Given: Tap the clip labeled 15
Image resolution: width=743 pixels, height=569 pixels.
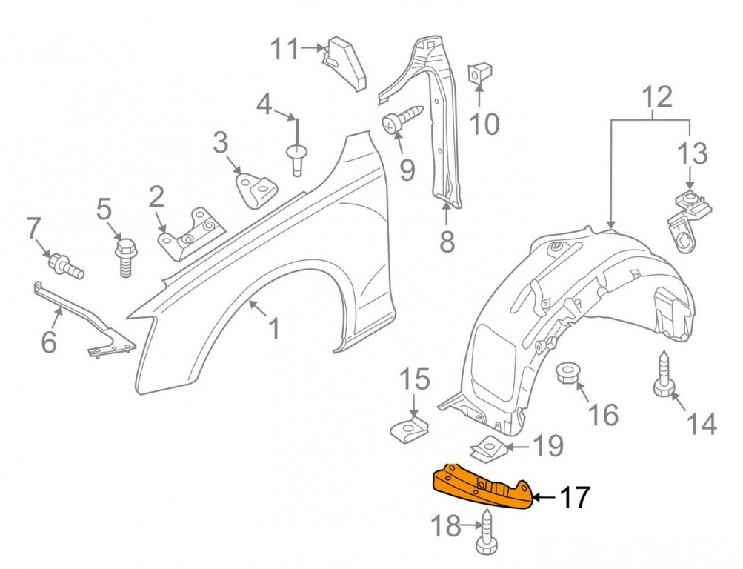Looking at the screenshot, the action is [410, 428].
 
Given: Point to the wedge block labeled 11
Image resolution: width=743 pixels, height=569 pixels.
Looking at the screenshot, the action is [345, 62].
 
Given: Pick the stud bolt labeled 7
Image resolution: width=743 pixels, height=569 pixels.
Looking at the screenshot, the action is [66, 266].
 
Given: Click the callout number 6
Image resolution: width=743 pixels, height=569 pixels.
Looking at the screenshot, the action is [49, 342].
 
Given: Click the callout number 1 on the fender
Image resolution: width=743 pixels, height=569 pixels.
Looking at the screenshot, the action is [273, 329].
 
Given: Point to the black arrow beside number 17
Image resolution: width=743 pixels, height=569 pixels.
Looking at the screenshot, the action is [544, 497].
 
